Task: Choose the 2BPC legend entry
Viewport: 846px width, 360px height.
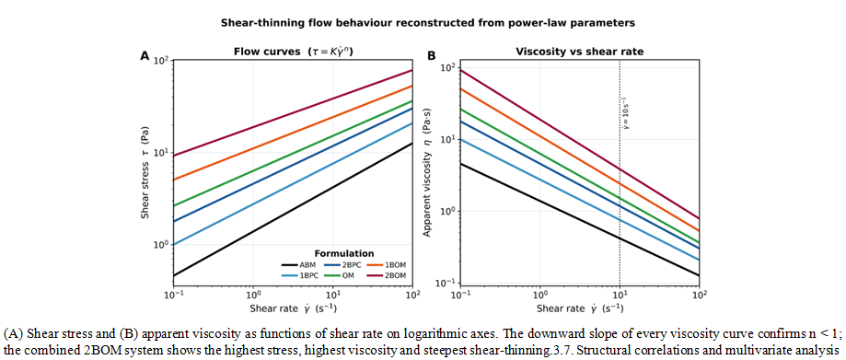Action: pyautogui.click(x=343, y=265)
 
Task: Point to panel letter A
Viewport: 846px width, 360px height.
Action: pyautogui.click(x=144, y=54)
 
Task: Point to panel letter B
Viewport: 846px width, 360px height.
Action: pyautogui.click(x=431, y=54)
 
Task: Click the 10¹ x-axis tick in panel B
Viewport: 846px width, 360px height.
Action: pyautogui.click(x=620, y=296)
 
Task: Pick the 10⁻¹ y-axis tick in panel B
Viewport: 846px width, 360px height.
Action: pyautogui.click(x=449, y=283)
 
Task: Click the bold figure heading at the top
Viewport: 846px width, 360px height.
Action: pyautogui.click(x=423, y=24)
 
